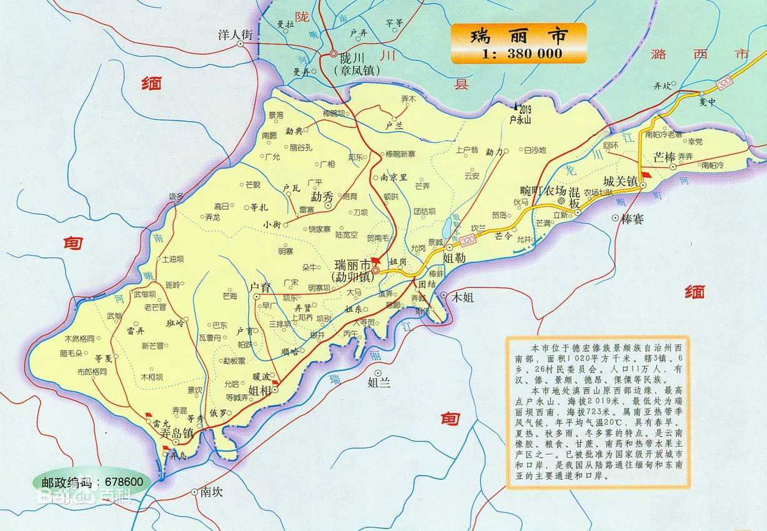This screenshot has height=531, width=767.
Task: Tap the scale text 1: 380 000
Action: [522, 54]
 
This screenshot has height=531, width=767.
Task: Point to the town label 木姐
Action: [463, 297]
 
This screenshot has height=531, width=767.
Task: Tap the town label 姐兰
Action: [379, 382]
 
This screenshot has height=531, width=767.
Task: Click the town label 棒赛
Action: [633, 219]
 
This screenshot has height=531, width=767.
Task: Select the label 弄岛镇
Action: [176, 432]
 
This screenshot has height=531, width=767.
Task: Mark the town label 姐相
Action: [259, 391]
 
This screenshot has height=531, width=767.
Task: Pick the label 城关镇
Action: [620, 181]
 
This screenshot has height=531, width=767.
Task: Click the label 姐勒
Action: [453, 257]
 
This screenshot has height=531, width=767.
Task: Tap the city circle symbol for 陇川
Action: [334, 54]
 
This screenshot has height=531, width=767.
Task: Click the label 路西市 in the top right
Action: [699, 54]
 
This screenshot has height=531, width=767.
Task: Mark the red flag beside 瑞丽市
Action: [375, 259]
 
